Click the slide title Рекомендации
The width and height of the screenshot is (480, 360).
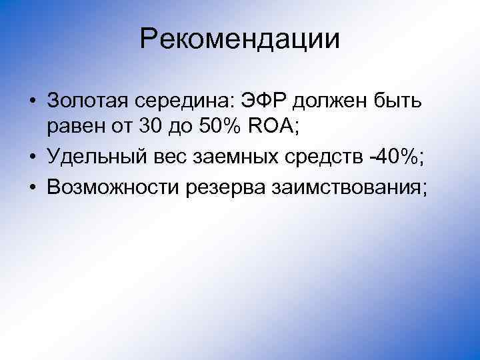(240, 39)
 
